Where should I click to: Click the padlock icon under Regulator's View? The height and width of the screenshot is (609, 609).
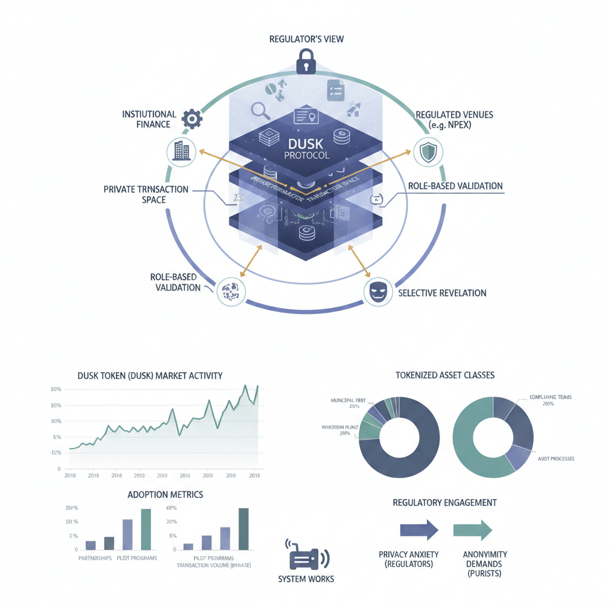[305, 61]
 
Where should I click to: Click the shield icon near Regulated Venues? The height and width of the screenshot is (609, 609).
[428, 152]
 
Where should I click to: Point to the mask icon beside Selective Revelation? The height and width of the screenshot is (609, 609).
[377, 291]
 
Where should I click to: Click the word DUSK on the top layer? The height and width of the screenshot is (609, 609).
[304, 145]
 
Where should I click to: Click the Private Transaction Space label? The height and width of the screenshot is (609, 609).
[146, 194]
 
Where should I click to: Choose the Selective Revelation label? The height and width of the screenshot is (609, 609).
[442, 293]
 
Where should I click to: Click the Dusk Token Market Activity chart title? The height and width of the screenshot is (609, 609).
[150, 375]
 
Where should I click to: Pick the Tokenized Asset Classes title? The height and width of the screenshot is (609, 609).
[445, 375]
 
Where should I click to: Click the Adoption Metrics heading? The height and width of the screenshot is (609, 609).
[165, 494]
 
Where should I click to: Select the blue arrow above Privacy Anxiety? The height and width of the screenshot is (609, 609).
[419, 529]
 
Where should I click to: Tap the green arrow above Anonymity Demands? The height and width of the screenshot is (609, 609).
[472, 529]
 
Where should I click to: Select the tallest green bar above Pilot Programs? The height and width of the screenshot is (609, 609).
[145, 529]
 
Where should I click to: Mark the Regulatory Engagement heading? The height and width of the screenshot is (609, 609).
[444, 503]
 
